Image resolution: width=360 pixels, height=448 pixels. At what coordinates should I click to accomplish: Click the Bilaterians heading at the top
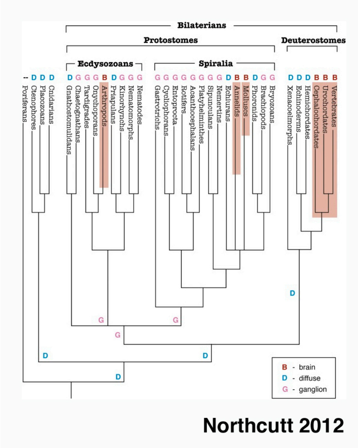pos(202,25)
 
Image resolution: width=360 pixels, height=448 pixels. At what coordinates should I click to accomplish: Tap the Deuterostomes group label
pos(313,40)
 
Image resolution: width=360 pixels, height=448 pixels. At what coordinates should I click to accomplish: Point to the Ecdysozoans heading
pos(105,63)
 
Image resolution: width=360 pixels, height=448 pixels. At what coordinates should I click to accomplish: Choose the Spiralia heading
pos(216,63)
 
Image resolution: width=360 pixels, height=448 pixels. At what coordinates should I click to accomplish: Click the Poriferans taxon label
pos(25,103)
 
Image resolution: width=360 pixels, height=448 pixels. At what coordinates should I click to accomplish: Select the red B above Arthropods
pos(104,77)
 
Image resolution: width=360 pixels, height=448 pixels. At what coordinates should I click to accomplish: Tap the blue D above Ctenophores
pos(34,77)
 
